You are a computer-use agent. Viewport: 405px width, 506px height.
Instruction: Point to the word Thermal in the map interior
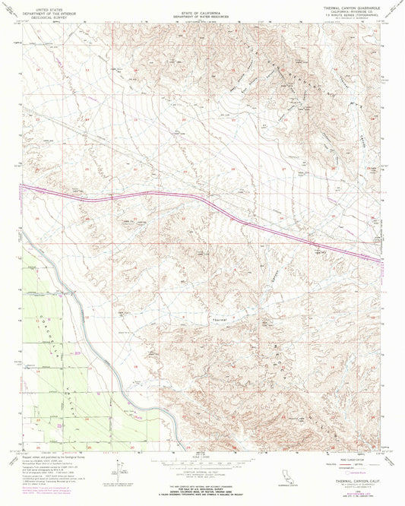coord(219,319)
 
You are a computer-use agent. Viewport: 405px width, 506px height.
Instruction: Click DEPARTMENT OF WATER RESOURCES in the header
coord(203,16)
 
